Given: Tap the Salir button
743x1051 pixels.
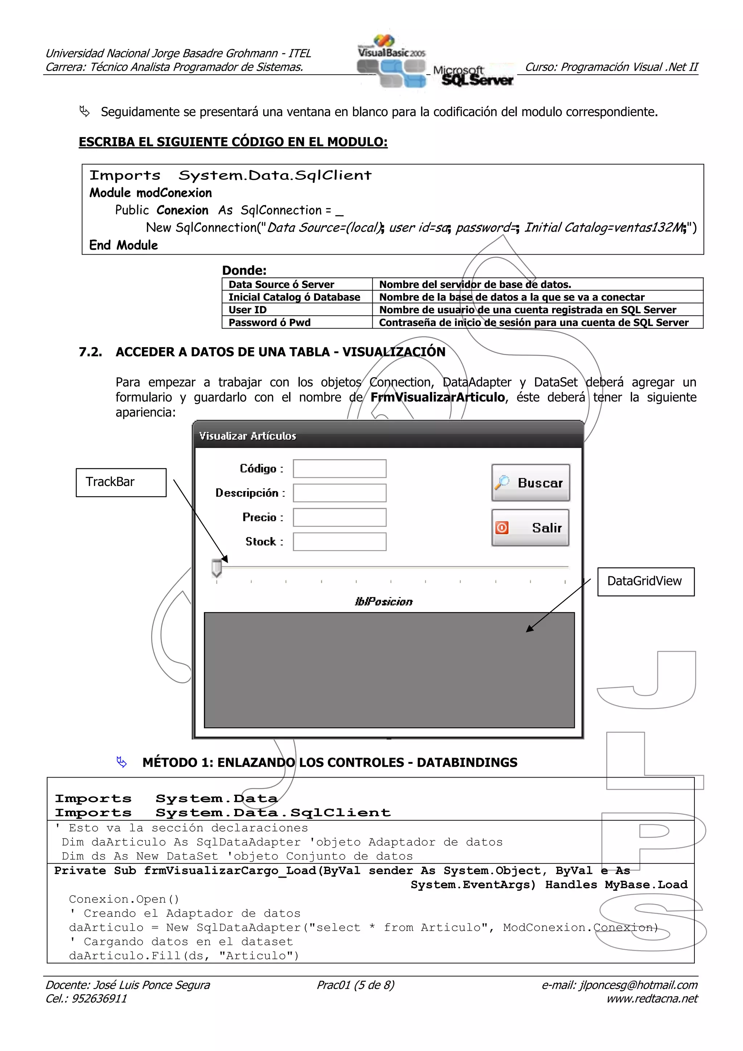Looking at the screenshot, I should (x=530, y=527).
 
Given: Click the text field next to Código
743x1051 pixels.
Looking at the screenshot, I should (x=339, y=468).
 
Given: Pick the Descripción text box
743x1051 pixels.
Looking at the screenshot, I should (x=339, y=492).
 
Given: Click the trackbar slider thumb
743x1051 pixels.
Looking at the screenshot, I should (x=217, y=568).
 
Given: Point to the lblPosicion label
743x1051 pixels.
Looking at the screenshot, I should (x=383, y=602).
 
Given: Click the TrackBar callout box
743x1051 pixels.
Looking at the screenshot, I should (x=121, y=482).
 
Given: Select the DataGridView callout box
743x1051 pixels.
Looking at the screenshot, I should (x=645, y=581).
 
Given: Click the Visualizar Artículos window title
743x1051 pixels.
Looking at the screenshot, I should (x=248, y=436).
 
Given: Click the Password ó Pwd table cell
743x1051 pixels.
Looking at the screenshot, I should (x=270, y=322).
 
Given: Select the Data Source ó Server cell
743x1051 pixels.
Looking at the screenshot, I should (x=281, y=284).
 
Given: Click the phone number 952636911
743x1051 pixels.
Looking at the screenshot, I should (x=99, y=999).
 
